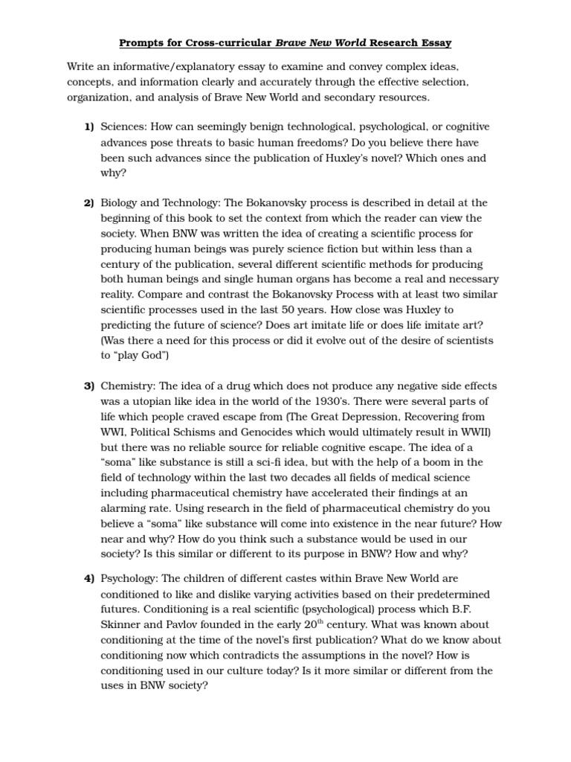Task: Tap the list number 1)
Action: [88, 127]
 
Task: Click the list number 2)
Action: [88, 202]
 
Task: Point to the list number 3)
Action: [88, 385]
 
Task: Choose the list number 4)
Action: [88, 578]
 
